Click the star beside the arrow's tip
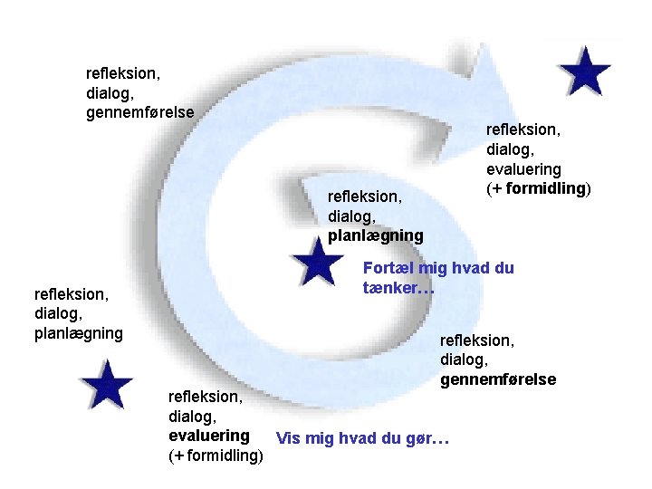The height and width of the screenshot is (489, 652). [x=584, y=70]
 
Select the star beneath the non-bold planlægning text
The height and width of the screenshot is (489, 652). [x=107, y=386]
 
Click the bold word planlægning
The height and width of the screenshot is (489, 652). [x=375, y=235]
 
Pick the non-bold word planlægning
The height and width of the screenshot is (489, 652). [x=78, y=333]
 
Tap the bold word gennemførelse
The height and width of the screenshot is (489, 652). [x=498, y=379]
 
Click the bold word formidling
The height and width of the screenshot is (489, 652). [x=546, y=188]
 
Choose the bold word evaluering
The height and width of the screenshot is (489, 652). [x=209, y=436]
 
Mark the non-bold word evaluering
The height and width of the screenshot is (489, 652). [x=523, y=169]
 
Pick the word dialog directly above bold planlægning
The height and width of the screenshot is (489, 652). [x=350, y=216]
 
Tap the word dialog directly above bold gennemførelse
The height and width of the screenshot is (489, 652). [x=463, y=360]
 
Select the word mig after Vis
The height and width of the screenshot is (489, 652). [x=318, y=439]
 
